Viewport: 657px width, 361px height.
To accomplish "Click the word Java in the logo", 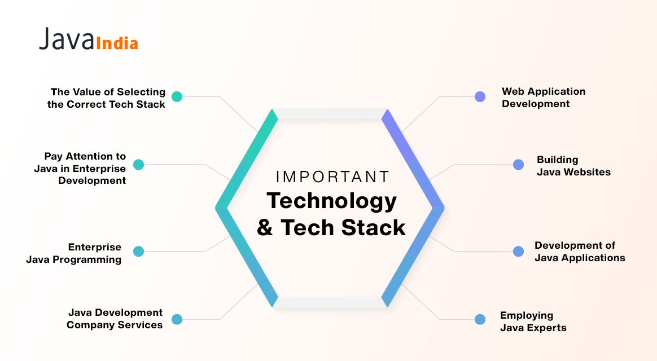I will [x=66, y=39].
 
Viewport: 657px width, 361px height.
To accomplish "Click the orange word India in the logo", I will [x=117, y=43].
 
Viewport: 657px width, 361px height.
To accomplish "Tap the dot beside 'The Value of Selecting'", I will [x=177, y=96].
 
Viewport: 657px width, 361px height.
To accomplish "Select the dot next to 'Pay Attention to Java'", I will [x=139, y=165].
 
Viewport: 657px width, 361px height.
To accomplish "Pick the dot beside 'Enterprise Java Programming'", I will [x=139, y=251].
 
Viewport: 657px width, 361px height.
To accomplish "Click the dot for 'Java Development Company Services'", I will [x=177, y=319].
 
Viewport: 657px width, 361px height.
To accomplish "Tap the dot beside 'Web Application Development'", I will [x=480, y=96].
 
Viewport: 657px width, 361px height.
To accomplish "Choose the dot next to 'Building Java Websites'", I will [x=518, y=165].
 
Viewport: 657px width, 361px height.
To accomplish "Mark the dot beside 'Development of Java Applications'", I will [x=518, y=251].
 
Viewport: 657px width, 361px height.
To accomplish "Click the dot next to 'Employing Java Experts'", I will [x=480, y=319].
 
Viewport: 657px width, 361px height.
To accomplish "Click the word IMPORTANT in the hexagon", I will [x=332, y=177].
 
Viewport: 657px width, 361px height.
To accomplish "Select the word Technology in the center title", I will [x=332, y=201].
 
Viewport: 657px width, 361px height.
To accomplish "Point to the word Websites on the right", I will [x=587, y=172].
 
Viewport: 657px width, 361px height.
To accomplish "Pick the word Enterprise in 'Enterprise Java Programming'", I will [x=95, y=247].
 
